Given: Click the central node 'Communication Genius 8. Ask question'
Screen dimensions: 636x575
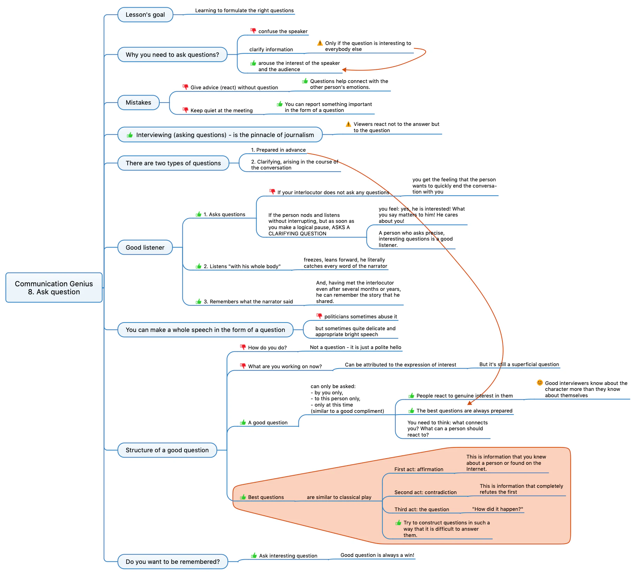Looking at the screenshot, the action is [54, 288].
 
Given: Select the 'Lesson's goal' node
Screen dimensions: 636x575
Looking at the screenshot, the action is [145, 15].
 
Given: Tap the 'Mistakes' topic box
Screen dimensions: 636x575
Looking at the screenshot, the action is [138, 103].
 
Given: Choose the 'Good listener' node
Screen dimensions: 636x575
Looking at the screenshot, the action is [145, 248].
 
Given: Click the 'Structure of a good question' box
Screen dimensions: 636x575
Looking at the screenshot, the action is [167, 450].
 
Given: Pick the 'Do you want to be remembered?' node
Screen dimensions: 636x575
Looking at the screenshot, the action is [173, 562].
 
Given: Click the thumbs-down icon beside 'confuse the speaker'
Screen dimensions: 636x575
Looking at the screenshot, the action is [253, 31].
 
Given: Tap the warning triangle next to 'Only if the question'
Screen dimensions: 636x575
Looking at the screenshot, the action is [320, 43].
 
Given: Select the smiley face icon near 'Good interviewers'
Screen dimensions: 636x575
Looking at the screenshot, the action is [540, 383].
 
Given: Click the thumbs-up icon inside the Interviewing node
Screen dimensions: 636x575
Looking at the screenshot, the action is [130, 135].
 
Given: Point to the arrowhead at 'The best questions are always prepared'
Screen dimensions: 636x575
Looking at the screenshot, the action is [469, 403].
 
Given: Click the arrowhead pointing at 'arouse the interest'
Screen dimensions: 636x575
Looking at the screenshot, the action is [344, 70].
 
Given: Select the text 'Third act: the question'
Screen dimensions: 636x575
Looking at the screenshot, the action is [422, 509].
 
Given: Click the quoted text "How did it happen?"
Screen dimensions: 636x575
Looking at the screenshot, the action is [498, 509].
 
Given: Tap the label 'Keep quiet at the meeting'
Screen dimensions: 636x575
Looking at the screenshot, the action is [221, 111].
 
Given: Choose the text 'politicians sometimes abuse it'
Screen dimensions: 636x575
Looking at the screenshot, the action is [361, 317].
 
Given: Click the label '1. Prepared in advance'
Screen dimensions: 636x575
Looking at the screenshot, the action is [278, 150].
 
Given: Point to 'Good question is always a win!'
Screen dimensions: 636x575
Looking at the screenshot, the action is [377, 555].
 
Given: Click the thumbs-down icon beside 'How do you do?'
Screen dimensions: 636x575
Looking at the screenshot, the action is [243, 347].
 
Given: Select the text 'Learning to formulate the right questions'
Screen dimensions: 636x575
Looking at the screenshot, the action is [244, 10].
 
